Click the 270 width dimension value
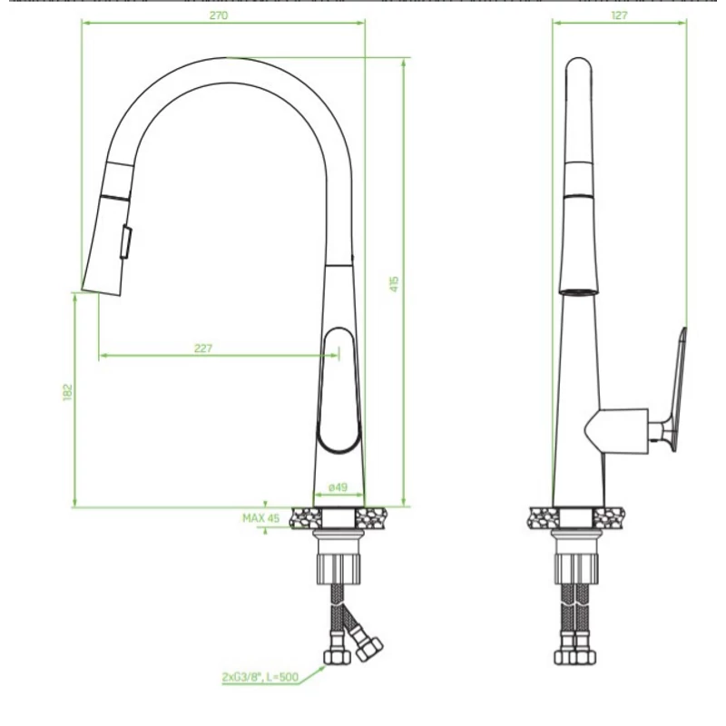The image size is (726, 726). [x=219, y=15]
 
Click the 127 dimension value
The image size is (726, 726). [x=619, y=15]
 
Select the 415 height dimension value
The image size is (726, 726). [x=394, y=283]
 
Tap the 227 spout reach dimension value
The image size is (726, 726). [x=202, y=348]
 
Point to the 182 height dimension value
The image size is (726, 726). [x=67, y=392]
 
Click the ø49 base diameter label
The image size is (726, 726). [x=338, y=487]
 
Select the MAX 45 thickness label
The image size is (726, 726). [x=261, y=517]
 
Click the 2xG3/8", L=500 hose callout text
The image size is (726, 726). [x=260, y=677]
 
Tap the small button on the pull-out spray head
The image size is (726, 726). [x=126, y=241]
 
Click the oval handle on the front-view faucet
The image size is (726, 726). [x=338, y=390]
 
